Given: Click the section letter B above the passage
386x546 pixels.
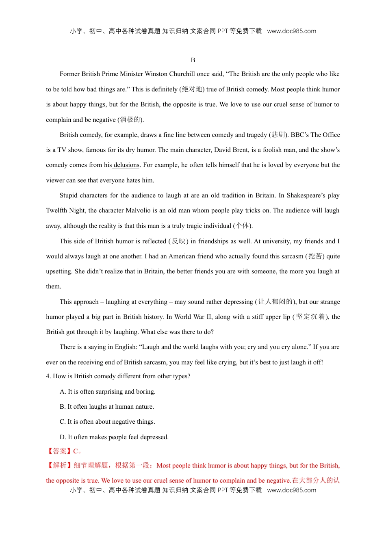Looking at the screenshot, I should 193,60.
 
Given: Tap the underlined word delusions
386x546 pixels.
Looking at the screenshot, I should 126,165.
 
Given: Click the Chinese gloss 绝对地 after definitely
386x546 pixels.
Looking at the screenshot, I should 192,89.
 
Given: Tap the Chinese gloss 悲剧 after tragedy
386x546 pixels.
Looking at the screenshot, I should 278,135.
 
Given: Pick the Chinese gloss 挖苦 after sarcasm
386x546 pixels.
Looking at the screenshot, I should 315,256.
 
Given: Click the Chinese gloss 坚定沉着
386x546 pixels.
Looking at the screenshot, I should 310,317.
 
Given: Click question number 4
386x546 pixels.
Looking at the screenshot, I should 48,376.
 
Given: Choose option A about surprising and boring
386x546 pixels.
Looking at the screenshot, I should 107,392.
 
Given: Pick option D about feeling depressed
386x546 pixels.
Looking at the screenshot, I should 114,437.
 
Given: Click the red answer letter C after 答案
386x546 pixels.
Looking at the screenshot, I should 76,451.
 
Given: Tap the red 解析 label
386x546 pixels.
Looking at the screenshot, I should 59,466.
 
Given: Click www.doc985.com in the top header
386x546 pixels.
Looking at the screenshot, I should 291,31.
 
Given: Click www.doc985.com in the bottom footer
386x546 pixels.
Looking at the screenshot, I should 291,490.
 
